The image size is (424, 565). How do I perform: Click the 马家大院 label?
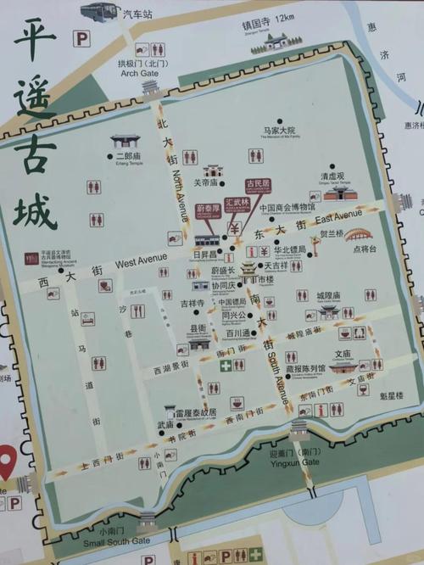click(x=278, y=131)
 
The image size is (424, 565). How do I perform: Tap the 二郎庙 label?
click(x=130, y=155)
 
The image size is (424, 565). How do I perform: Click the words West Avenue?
click(x=140, y=262)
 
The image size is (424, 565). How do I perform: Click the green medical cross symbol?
click(x=226, y=366)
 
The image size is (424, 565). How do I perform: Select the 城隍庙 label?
click(x=328, y=295)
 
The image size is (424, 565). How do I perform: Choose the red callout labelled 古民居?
click(x=257, y=185)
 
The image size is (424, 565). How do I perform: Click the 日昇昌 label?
click(x=206, y=254)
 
